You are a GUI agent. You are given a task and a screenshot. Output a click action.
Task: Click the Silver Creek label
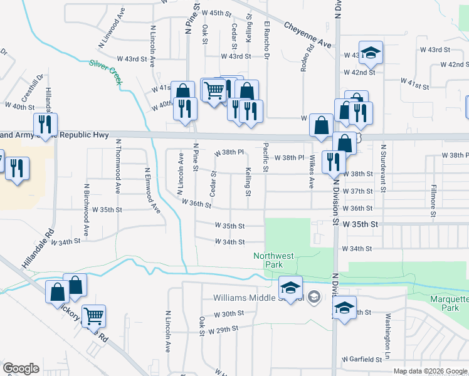tap(105, 73)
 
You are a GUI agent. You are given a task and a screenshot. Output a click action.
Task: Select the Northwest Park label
tap(273, 260)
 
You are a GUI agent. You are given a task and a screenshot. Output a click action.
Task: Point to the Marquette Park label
tap(450, 303)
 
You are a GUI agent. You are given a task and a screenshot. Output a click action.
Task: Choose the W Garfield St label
tap(362, 359)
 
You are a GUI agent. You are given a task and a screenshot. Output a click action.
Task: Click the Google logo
tap(21, 368)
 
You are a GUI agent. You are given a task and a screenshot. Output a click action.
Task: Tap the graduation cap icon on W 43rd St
tap(371, 53)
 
